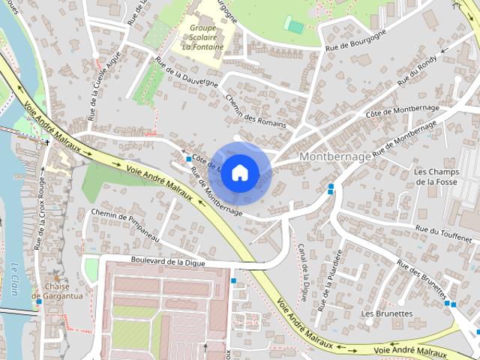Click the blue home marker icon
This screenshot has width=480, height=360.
pos(240,172)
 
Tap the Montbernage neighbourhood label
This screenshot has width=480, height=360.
pos(335,157)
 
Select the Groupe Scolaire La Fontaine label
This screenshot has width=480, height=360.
pos(202,37)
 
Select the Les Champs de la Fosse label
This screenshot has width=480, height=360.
pos(436,176)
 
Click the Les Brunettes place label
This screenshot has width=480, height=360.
pos(386,313)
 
